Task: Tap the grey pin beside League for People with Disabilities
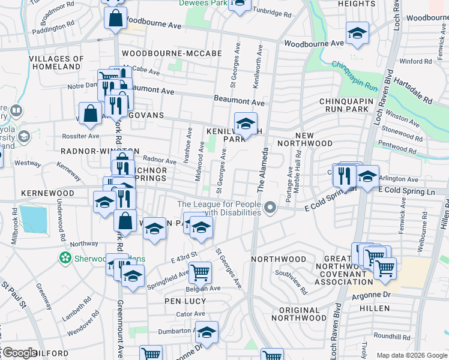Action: [x=271, y=208]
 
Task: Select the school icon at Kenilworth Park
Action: [x=245, y=124]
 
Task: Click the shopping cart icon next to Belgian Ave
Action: [x=200, y=272]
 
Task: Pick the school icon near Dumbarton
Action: [x=206, y=332]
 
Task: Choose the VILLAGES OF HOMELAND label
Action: [x=56, y=63]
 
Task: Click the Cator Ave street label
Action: [x=191, y=314]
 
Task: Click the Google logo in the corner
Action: [x=19, y=353]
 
